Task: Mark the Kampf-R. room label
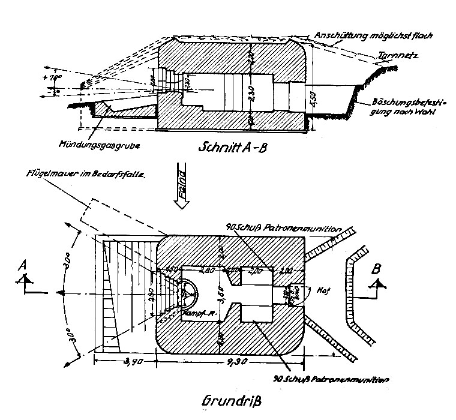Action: (170, 313)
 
